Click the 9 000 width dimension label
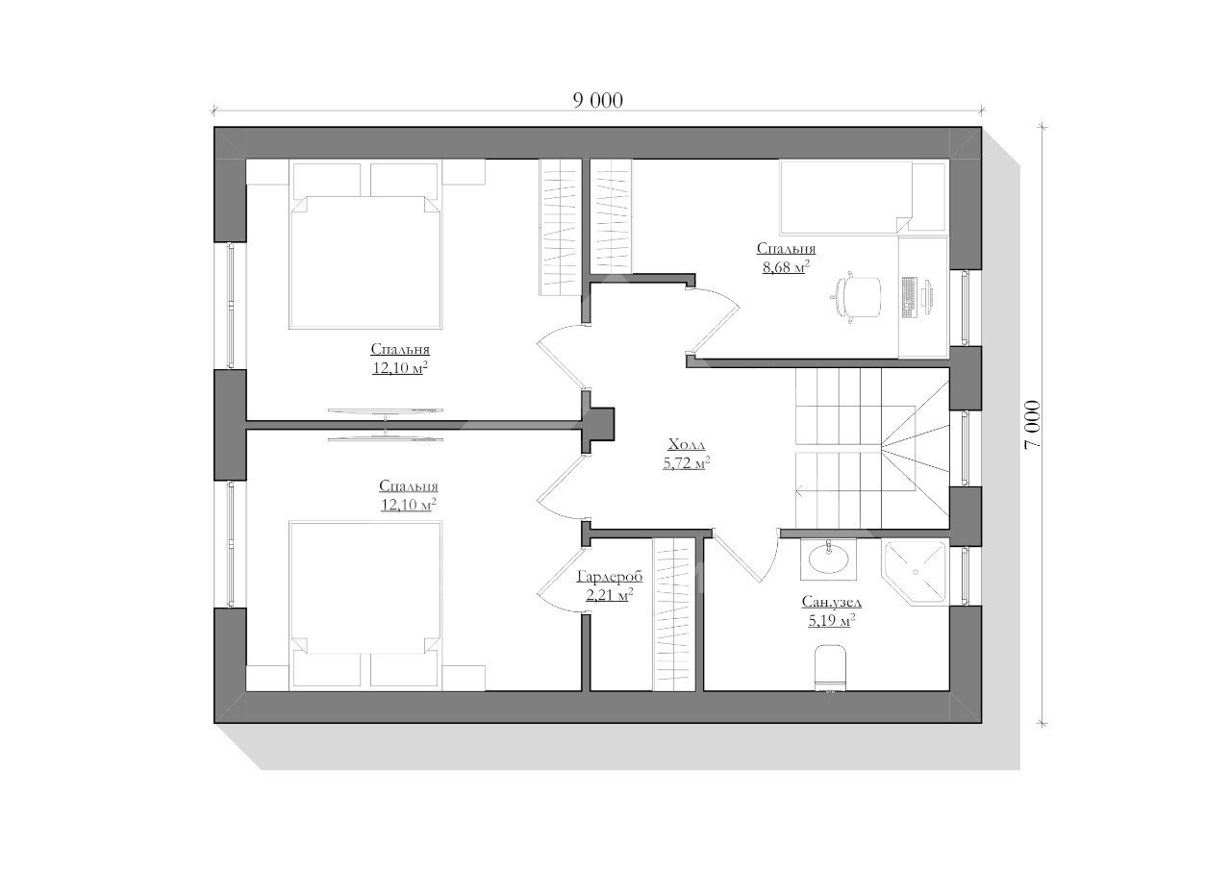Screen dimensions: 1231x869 pos(598,101)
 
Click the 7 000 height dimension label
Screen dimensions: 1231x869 pos(1032,425)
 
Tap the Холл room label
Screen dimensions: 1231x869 pos(687,444)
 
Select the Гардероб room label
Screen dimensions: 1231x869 pos(610,576)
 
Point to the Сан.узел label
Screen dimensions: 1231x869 pos(832,602)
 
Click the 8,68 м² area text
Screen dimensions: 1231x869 pos(787,267)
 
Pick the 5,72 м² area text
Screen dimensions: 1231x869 pos(687,463)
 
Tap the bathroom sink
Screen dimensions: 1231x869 pos(828,559)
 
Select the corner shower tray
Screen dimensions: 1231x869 pos(915,572)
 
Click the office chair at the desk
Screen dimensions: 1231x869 pos(857,297)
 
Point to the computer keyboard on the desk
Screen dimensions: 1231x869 pos(909,297)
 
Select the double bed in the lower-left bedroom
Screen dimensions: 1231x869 pos(365,605)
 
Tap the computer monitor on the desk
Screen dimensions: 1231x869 pos(928,297)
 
